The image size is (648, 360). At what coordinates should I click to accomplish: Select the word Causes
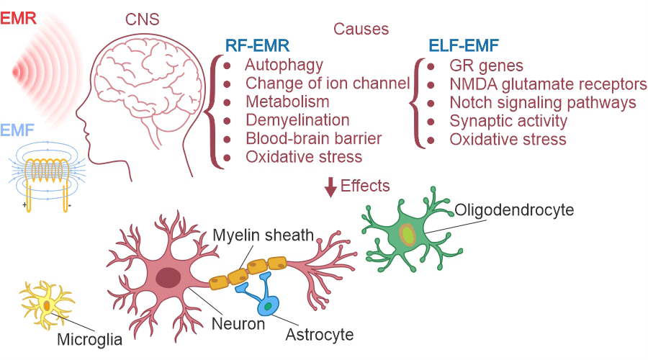click(x=361, y=30)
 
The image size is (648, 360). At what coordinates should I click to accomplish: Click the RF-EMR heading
click(x=258, y=47)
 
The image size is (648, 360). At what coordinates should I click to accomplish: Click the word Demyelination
click(x=297, y=120)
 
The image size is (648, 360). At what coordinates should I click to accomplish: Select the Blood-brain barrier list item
click(x=313, y=138)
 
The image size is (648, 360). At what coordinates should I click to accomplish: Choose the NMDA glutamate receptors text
click(x=549, y=84)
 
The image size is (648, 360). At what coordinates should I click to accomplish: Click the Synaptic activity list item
click(x=508, y=120)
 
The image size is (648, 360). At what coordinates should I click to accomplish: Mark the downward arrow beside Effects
click(x=330, y=188)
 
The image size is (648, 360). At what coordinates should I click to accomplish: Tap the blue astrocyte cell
click(x=268, y=304)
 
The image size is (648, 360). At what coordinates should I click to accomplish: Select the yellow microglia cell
click(x=47, y=305)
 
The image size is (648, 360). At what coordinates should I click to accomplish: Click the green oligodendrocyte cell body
click(x=407, y=234)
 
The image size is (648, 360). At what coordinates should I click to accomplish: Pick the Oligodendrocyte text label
click(x=514, y=210)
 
